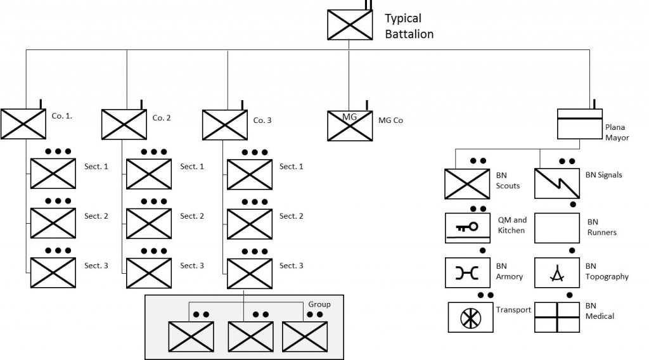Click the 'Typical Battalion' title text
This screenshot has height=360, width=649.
click(x=409, y=26)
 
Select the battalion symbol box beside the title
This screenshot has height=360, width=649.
click(x=350, y=25)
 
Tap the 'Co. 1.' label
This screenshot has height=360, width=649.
click(x=61, y=116)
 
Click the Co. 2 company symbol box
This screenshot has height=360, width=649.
click(x=124, y=124)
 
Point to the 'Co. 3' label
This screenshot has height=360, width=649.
click(x=262, y=120)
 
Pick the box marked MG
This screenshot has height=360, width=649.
click(x=350, y=125)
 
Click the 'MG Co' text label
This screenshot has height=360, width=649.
click(x=390, y=120)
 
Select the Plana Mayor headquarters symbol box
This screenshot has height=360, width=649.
click(x=579, y=124)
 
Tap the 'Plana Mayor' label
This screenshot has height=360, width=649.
click(x=617, y=132)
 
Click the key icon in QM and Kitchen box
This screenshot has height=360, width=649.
click(x=467, y=227)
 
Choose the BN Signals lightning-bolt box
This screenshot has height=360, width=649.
click(x=556, y=183)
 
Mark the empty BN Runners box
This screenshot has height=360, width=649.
click(x=556, y=228)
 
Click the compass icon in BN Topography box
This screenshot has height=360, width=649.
click(x=557, y=273)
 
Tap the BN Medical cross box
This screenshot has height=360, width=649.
click(x=556, y=318)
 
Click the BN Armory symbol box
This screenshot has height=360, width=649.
click(x=467, y=273)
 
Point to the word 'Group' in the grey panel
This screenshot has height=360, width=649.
click(x=319, y=305)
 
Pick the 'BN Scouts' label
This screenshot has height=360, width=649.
click(x=508, y=181)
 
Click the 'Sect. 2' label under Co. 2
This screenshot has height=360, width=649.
click(x=191, y=216)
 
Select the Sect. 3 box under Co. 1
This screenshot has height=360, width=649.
click(x=53, y=273)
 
